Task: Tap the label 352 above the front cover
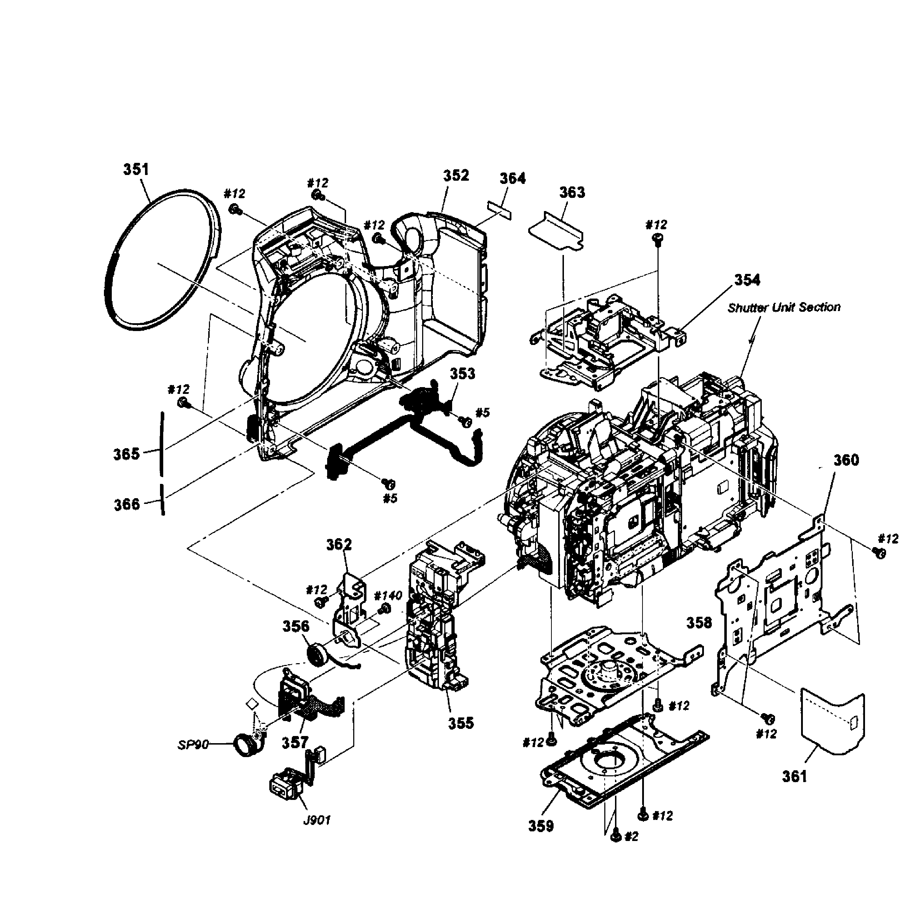point(456,176)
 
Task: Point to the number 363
point(572,192)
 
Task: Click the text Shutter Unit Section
point(784,307)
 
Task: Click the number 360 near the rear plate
point(846,460)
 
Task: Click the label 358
point(699,623)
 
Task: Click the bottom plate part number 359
point(541,826)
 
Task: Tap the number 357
point(295,743)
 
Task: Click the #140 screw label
point(388,595)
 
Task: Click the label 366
point(127,505)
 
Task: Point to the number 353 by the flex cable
point(462,374)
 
